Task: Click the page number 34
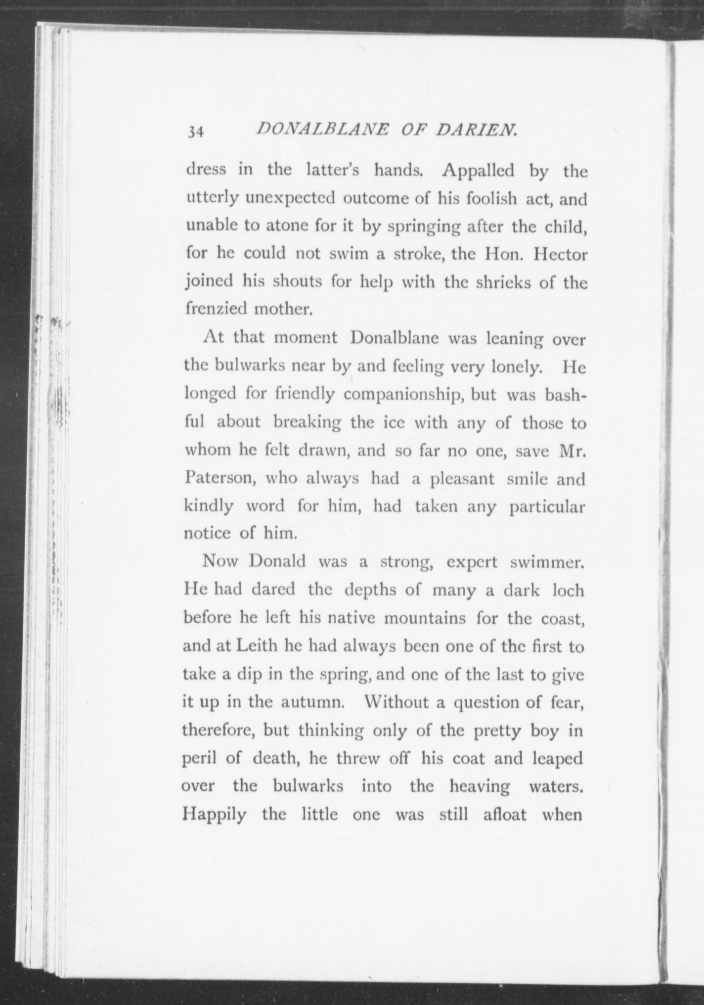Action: point(196,132)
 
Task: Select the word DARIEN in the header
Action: point(477,130)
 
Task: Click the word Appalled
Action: point(479,171)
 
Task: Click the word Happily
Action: point(215,815)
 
